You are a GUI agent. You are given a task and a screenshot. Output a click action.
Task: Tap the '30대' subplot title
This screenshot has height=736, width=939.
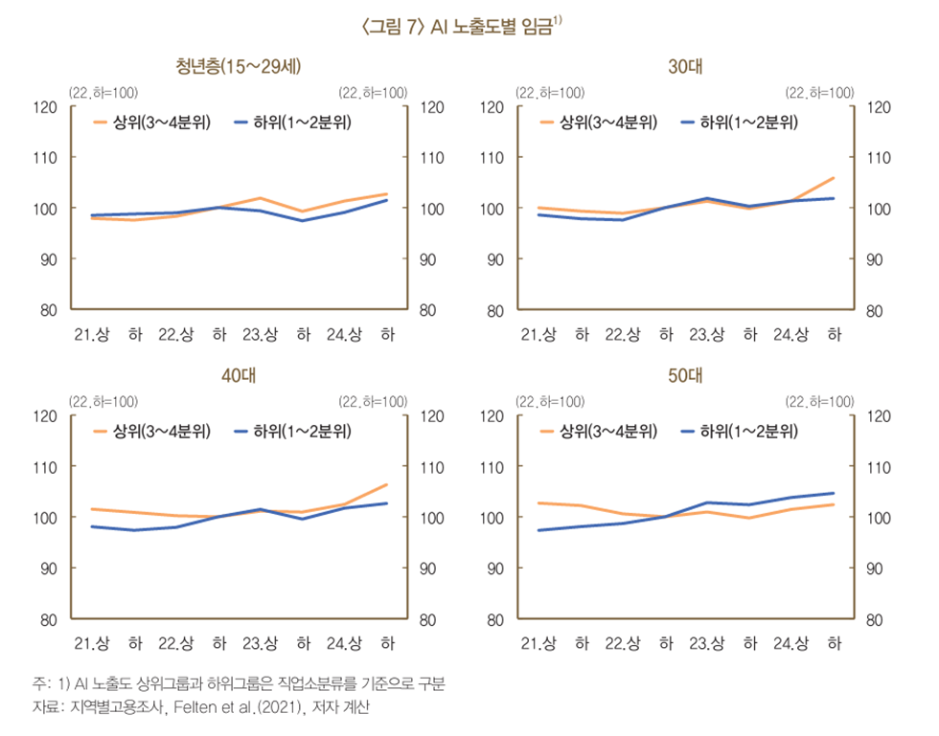tap(686, 67)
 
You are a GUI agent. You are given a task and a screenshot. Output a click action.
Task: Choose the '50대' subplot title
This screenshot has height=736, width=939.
tap(686, 375)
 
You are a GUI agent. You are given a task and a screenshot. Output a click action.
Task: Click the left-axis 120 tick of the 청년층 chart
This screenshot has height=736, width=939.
tap(46, 106)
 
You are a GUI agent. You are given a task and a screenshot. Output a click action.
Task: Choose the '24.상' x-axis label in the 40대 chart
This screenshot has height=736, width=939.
tap(343, 642)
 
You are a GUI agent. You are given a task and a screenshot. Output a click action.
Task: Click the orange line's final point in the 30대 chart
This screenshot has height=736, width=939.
tap(834, 178)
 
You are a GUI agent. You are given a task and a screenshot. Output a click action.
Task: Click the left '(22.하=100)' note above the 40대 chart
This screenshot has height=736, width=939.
tap(102, 400)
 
